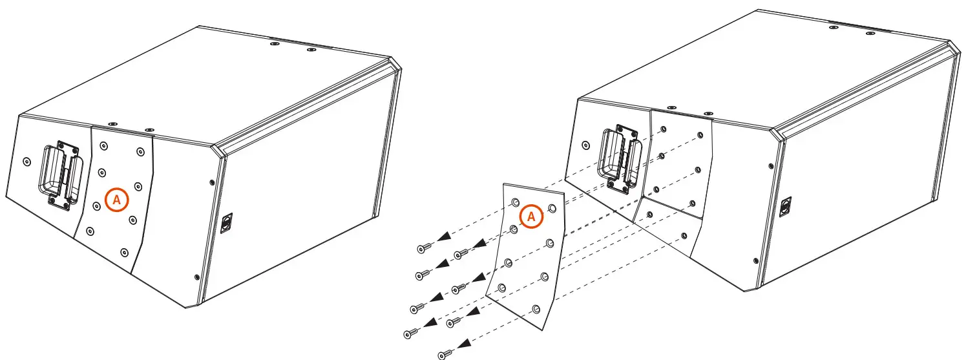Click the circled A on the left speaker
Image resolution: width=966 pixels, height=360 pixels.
tap(117, 200)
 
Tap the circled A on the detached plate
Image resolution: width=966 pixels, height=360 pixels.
tap(531, 217)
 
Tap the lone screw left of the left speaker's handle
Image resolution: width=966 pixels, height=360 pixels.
tap(26, 160)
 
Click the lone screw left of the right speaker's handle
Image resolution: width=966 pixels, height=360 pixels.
tap(585, 144)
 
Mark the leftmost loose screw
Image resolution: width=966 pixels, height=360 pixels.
tap(408, 334)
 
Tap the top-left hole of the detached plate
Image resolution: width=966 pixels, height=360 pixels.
tap(516, 203)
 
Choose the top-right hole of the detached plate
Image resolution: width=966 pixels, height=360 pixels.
tap(552, 208)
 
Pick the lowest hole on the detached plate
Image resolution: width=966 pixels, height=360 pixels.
tap(535, 308)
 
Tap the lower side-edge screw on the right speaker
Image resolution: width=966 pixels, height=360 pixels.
tap(756, 261)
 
